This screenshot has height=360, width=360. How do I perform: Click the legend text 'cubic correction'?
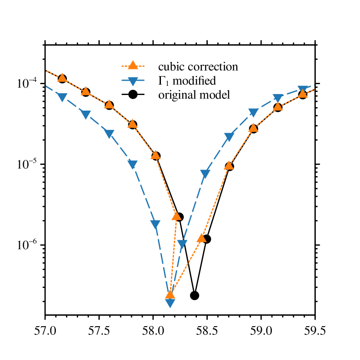coord(198,67)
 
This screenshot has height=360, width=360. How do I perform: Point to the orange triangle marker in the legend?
coord(133,66)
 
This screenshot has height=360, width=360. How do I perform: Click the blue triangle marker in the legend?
coord(133,81)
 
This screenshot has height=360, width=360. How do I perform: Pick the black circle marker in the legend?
coord(133,95)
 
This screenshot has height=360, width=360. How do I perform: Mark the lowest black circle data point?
coord(195,295)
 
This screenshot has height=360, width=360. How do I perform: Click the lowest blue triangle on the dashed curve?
coord(170,303)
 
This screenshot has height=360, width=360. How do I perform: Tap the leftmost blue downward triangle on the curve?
coord(62,98)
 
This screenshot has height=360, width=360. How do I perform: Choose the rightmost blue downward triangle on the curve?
coord(302,90)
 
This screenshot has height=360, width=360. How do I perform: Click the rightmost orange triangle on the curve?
coord(303,94)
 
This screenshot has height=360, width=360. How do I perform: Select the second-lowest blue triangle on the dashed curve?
coord(182,244)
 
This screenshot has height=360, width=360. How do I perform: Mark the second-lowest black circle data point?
coord(206,239)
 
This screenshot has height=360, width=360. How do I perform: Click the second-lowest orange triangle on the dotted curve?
coord(201,238)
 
